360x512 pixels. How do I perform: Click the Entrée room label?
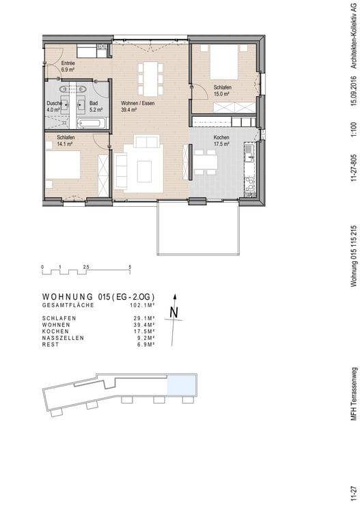click(68, 63)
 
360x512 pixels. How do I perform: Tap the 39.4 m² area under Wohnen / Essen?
click(128, 110)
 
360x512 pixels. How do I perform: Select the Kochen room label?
click(221, 137)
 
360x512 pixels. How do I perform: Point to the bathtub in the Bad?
click(91, 124)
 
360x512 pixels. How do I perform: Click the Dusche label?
click(54, 103)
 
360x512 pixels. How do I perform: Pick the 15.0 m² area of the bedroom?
click(221, 94)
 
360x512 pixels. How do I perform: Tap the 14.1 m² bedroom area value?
click(65, 143)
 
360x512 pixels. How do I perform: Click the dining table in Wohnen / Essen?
click(150, 79)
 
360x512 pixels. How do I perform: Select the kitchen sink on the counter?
click(249, 154)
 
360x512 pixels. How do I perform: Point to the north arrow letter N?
click(174, 313)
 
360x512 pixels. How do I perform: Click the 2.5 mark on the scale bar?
click(86, 267)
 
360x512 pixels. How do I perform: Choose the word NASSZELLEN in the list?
click(63, 338)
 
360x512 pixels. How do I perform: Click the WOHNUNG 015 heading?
click(98, 297)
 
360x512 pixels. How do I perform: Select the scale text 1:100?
click(354, 130)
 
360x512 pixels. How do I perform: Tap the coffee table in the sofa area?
click(144, 171)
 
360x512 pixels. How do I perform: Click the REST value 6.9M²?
click(144, 345)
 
